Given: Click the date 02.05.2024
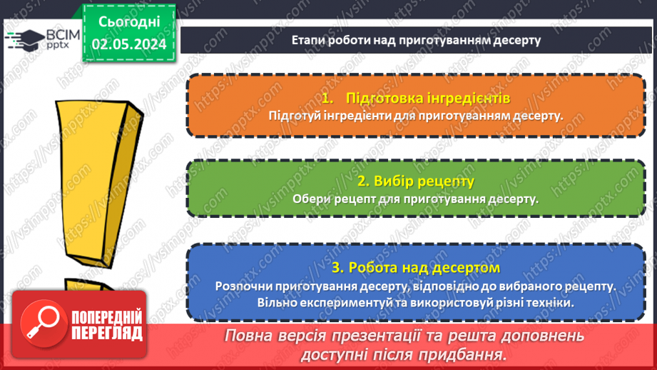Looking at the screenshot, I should [x=129, y=44].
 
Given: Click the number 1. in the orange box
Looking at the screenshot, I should [x=328, y=97].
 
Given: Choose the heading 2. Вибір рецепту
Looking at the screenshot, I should [x=415, y=181].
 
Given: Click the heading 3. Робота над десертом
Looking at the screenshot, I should [x=416, y=268].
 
